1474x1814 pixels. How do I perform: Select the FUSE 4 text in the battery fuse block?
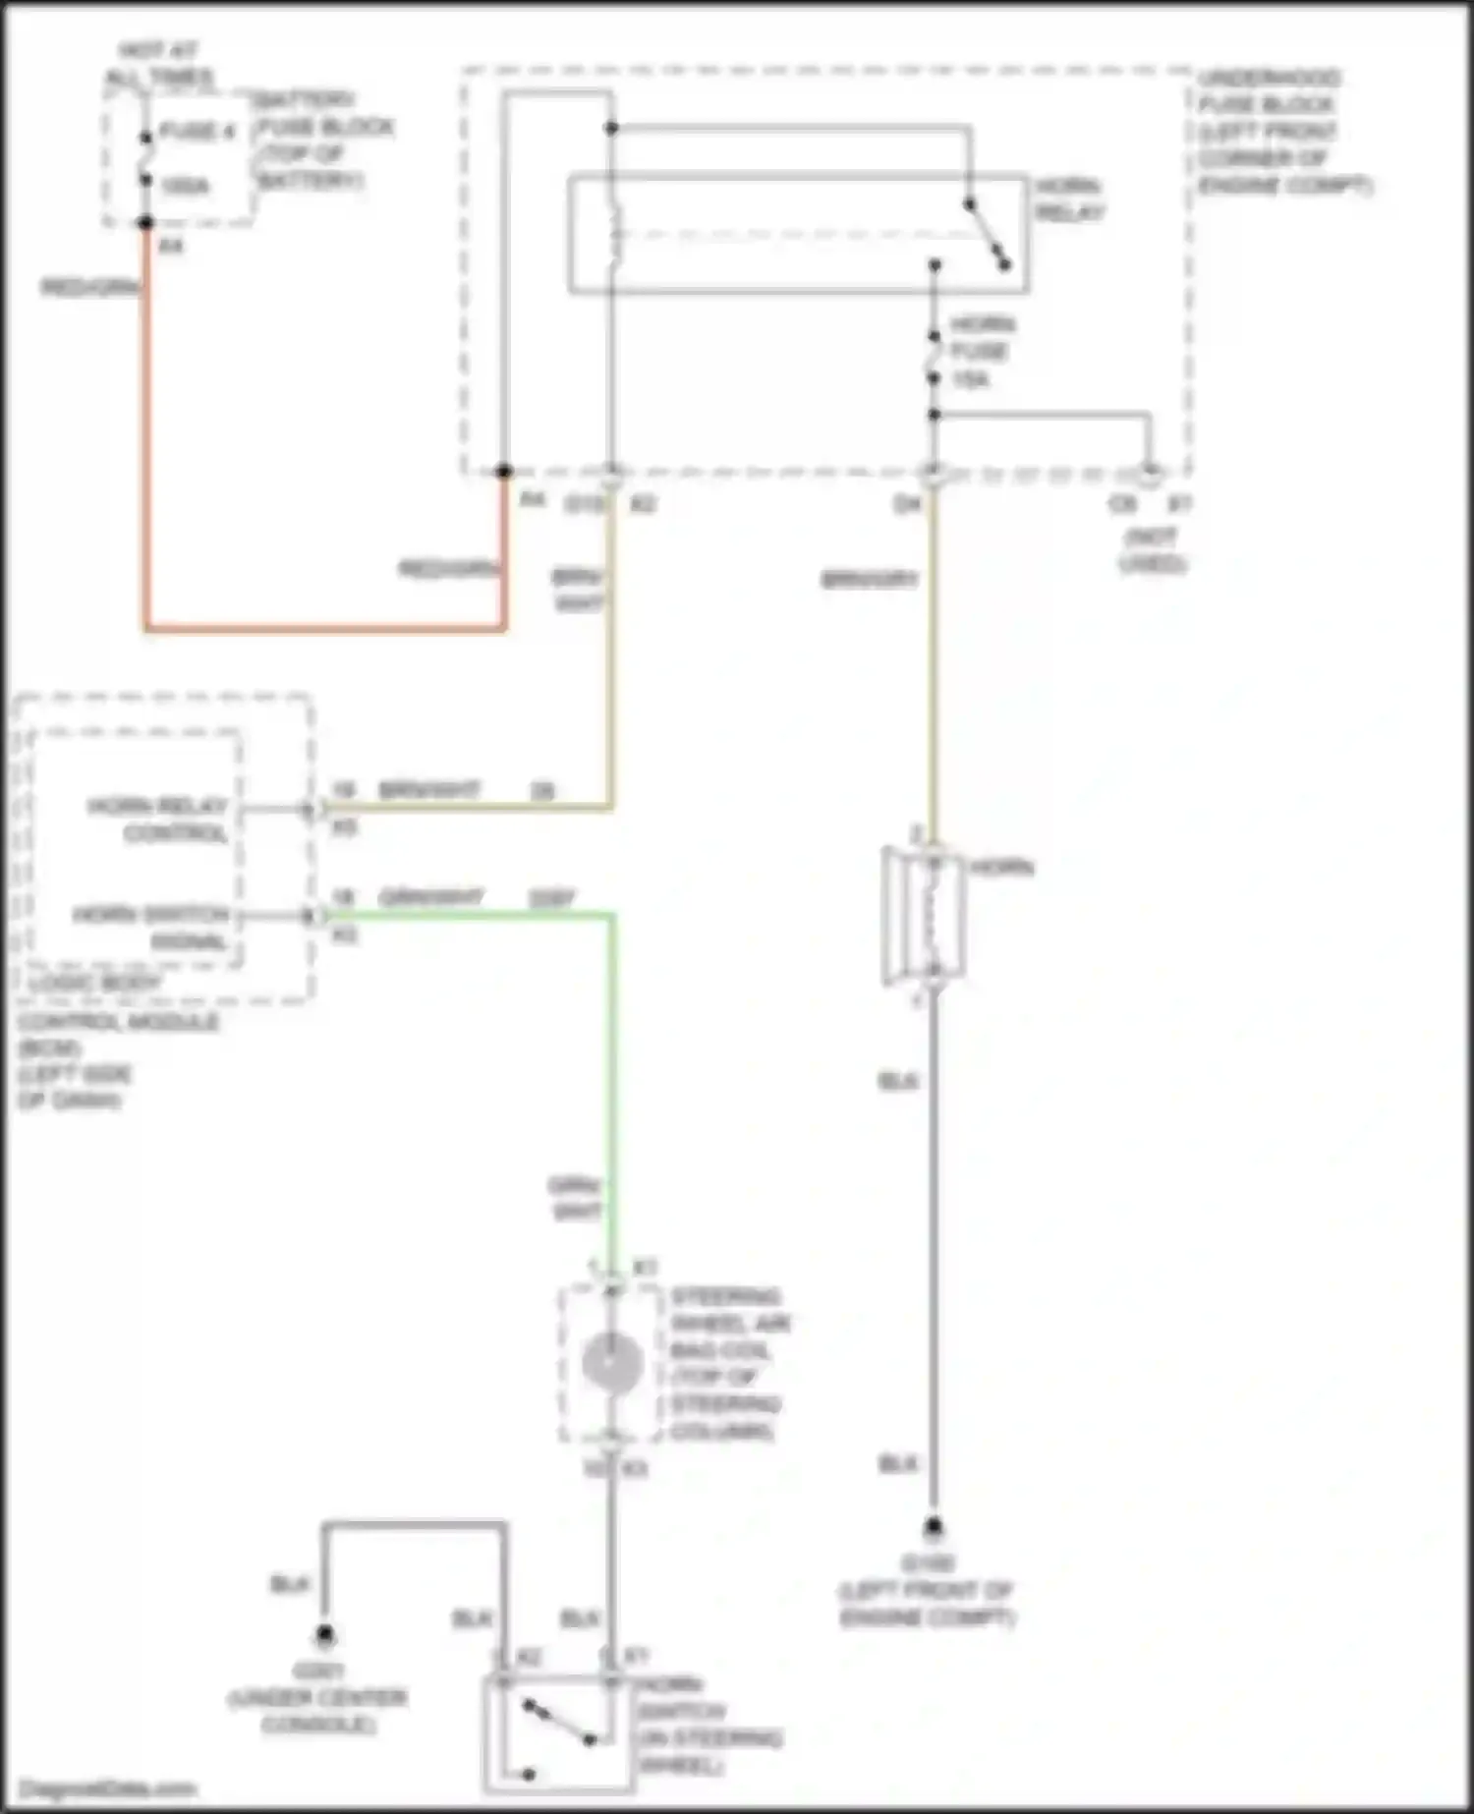197,132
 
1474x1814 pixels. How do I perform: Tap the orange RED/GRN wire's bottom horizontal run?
324,626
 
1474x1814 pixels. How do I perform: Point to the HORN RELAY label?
1069,199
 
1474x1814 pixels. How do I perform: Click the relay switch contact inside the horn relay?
987,234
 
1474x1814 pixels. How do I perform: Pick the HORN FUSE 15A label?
980,351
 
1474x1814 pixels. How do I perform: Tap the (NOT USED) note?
1153,550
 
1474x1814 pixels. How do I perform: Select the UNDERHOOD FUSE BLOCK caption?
1282,132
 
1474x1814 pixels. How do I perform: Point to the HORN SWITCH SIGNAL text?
152,928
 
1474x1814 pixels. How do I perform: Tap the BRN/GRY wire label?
869,580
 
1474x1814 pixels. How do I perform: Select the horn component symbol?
925,914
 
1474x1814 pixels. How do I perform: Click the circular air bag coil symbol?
611,1364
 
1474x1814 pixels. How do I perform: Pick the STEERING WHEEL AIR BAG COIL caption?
728,1363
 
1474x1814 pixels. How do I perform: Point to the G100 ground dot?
933,1527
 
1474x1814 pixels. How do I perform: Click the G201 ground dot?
324,1636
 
